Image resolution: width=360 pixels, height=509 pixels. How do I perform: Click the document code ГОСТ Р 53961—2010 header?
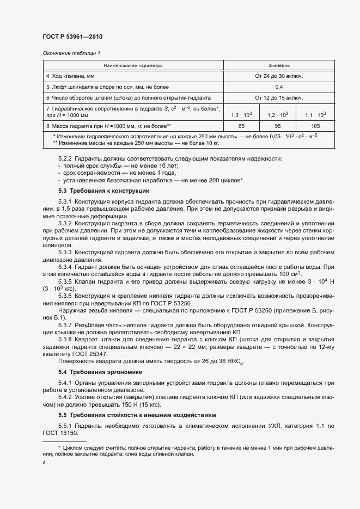72,36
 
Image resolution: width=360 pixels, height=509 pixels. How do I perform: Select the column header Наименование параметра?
133,65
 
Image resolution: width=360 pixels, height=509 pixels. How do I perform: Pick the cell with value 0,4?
279,87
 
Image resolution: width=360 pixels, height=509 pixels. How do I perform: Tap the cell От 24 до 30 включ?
279,76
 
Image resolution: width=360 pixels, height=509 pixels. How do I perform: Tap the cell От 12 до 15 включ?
279,97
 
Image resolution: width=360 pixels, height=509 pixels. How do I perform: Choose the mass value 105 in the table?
315,126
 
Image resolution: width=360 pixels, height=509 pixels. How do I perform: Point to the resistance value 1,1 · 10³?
315,115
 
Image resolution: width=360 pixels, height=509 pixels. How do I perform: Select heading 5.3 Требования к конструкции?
103,191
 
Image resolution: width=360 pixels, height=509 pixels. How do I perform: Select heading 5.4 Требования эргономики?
100,371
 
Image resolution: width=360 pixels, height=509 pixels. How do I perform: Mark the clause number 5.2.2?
65,158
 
